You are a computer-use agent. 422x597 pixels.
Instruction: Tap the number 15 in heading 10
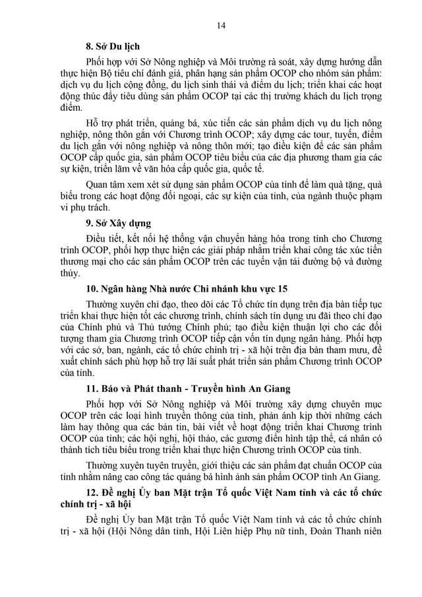(x=282, y=289)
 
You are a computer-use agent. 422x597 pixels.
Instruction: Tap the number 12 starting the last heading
(x=90, y=493)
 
